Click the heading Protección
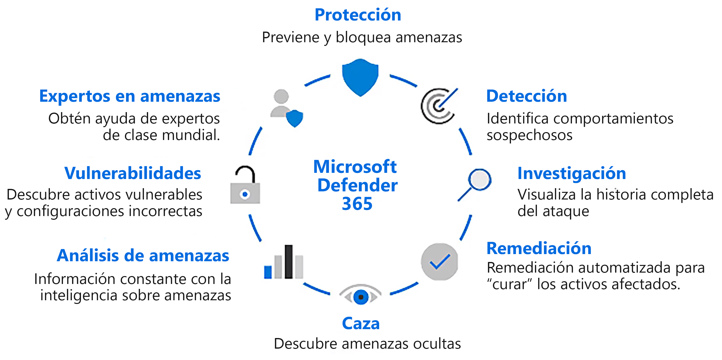[x=358, y=15]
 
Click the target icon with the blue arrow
[x=439, y=106]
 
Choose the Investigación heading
[x=571, y=174]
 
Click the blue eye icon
[x=360, y=296]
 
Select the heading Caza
[x=361, y=323]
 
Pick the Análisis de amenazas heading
[x=143, y=256]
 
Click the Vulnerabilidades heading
[x=133, y=173]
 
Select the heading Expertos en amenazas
[x=130, y=96]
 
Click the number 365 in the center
[x=357, y=204]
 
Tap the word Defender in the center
[x=357, y=185]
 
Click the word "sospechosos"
[x=529, y=135]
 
